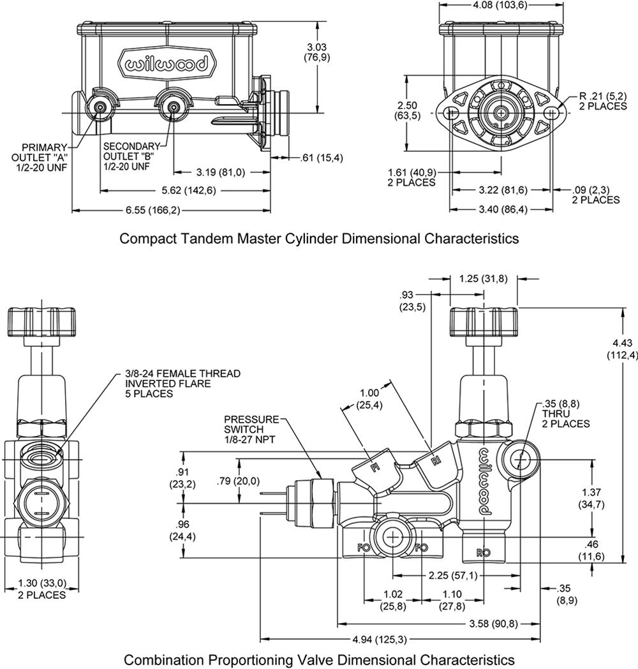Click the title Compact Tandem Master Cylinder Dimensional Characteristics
319,238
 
